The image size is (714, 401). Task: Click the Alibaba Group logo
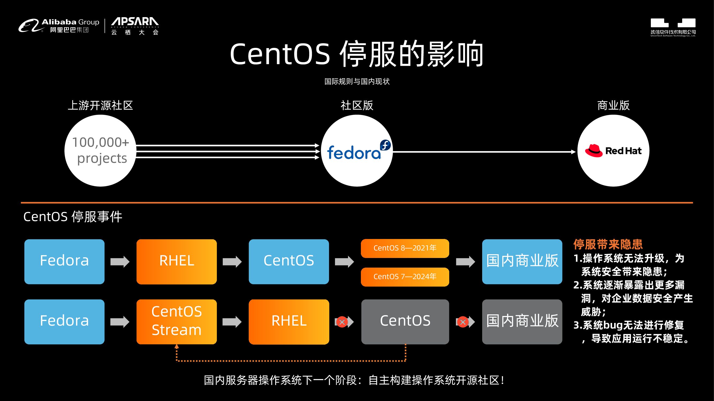(59, 25)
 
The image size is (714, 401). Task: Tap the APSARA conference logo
(135, 26)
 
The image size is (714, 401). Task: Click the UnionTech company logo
(673, 27)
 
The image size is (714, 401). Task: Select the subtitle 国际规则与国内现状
(357, 81)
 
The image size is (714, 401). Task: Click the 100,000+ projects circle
(100, 151)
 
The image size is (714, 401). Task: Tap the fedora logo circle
(357, 151)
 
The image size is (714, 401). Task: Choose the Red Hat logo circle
(613, 151)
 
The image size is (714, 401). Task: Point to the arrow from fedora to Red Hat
(484, 152)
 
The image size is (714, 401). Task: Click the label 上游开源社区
(100, 105)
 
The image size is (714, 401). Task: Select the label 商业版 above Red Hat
(613, 105)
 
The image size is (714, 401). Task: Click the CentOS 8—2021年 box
(405, 248)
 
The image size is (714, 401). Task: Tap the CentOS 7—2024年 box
(405, 277)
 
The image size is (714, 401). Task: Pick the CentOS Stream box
(177, 322)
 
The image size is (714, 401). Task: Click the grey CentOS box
(405, 322)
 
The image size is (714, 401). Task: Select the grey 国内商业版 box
(522, 322)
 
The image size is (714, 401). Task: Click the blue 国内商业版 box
(522, 261)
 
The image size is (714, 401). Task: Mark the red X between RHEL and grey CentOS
(342, 322)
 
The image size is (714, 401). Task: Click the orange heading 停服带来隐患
(608, 244)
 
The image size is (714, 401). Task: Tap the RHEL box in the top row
(177, 261)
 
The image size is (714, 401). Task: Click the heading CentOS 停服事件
(73, 217)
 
